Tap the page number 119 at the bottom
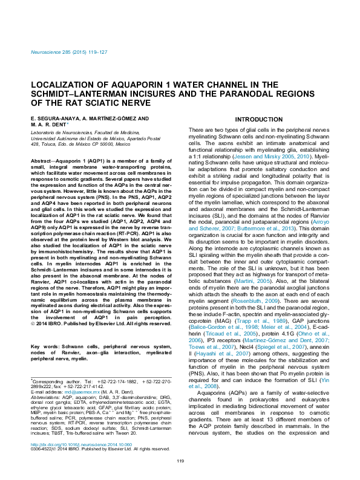pos(180,461)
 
